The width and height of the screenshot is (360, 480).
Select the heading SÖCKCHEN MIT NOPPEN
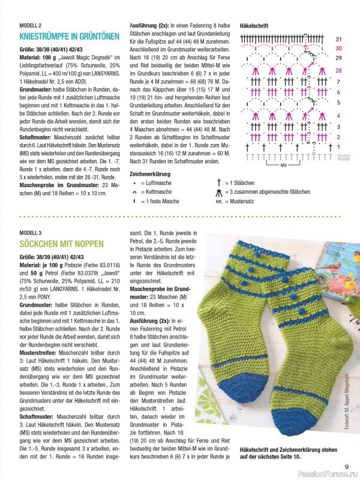tap(62, 244)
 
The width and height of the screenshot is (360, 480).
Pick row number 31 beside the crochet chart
tap(338, 39)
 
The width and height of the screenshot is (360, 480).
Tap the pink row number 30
tap(338, 48)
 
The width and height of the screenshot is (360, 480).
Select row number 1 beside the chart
tap(338, 146)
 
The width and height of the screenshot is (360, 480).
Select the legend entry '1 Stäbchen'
tap(241, 182)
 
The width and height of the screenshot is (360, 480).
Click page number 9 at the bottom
tap(346, 466)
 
